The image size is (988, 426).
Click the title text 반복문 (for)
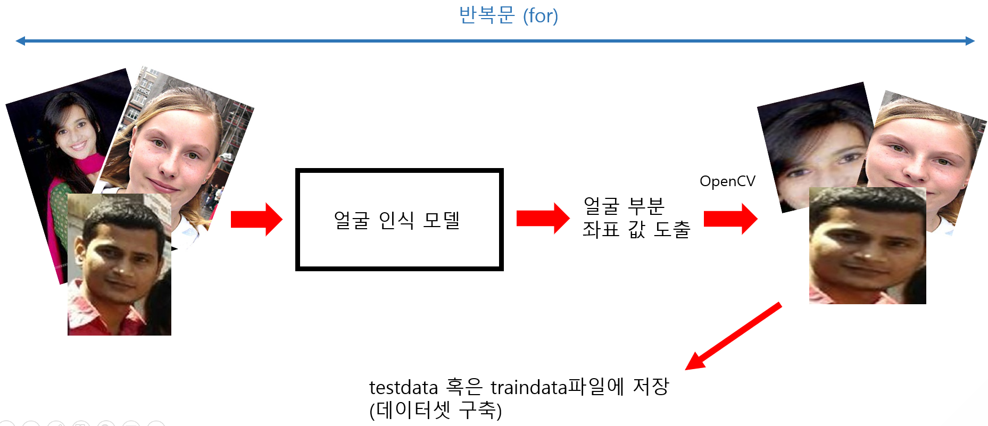(508, 15)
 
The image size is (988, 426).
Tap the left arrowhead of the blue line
(21, 41)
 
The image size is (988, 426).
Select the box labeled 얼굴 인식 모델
(399, 220)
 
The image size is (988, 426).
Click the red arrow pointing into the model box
(256, 219)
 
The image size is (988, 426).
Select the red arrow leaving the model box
(542, 218)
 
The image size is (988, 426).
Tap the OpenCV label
(727, 181)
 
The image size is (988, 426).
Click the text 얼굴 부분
(624, 205)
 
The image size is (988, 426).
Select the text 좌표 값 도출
(636, 230)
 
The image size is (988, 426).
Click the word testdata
(403, 387)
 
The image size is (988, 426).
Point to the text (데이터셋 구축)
(435, 410)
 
